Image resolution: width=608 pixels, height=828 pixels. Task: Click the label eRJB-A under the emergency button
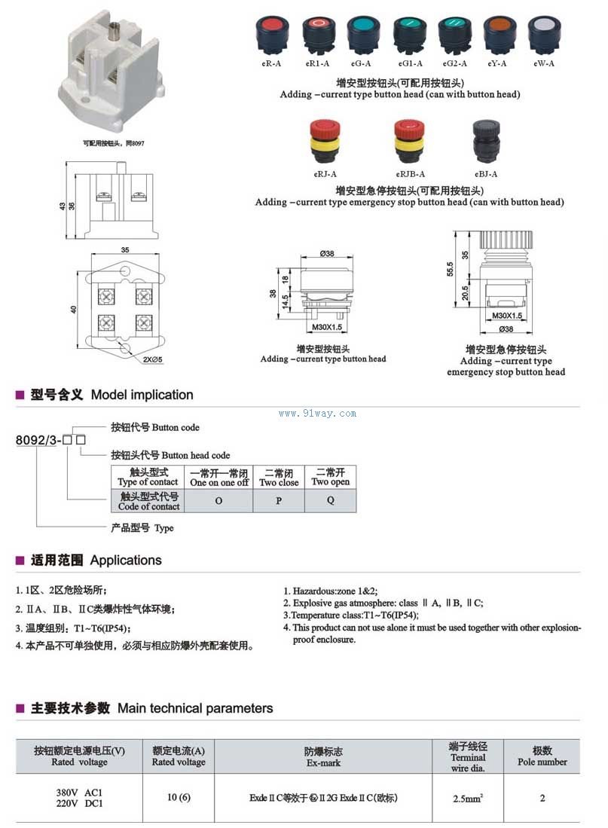411,174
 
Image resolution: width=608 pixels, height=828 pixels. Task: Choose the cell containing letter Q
330,501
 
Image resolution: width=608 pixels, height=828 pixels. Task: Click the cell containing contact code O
218,501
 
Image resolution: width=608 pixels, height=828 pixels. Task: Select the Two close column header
279,478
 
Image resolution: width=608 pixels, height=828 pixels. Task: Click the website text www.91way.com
317,413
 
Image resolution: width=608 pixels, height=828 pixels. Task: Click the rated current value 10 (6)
179,798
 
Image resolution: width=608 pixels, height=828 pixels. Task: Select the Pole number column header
542,756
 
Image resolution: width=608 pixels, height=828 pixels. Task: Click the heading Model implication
142,395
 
